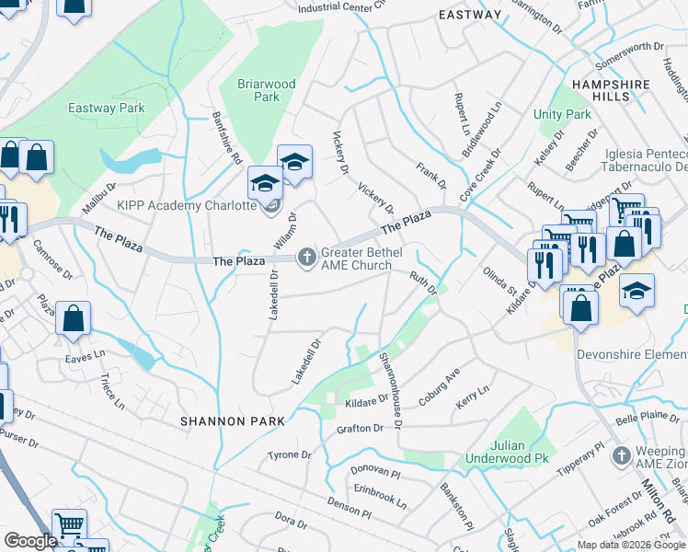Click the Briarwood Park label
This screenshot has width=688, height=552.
[x=267, y=90]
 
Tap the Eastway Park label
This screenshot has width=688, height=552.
[x=107, y=108]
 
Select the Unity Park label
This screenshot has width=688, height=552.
[x=562, y=115]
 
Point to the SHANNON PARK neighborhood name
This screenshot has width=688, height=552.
[x=231, y=420]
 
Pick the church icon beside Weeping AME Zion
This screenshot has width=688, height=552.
[x=622, y=455]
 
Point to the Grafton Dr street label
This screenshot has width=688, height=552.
[x=360, y=429]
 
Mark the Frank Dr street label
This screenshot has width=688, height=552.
[x=430, y=175]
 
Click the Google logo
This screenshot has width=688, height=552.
[x=30, y=541]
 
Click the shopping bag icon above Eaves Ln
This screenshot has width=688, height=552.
[x=74, y=319]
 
